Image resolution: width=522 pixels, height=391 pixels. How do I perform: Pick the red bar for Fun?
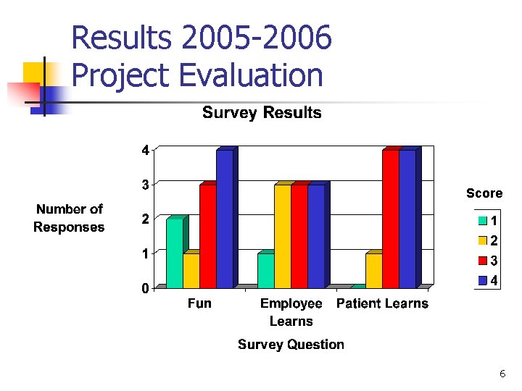coord(207,236)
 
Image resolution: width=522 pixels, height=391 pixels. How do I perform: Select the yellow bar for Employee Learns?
coord(282,236)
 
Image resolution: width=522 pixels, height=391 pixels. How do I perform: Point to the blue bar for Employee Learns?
coord(315,236)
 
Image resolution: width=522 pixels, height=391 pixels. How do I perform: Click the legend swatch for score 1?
coord(482,220)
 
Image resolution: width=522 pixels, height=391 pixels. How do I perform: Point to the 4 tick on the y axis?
coord(145,151)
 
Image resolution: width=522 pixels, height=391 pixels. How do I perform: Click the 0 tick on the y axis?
coord(145,288)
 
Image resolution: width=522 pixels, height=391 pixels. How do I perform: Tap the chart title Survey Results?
coord(261,112)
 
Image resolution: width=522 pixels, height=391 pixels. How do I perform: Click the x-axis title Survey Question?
coord(291,345)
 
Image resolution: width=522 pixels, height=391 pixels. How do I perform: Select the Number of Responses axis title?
coord(70,218)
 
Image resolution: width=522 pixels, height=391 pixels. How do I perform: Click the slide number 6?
coord(502,374)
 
